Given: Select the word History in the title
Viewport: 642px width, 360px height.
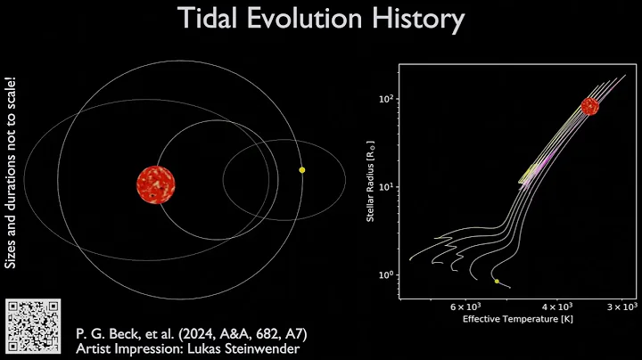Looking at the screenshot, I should [x=422, y=19].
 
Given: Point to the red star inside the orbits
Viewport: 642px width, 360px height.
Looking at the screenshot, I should [x=156, y=184].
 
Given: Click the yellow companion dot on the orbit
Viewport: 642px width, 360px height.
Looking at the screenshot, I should [x=302, y=169].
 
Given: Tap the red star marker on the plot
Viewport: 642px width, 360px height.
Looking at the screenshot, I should [x=589, y=106].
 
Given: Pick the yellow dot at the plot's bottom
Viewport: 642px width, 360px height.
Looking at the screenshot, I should [x=497, y=282].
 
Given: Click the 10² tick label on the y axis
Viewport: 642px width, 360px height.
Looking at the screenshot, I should [x=386, y=98].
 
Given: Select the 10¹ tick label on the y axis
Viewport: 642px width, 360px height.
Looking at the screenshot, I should [x=386, y=187].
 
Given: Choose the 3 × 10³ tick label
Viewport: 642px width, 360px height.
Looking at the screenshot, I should [x=622, y=307].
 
